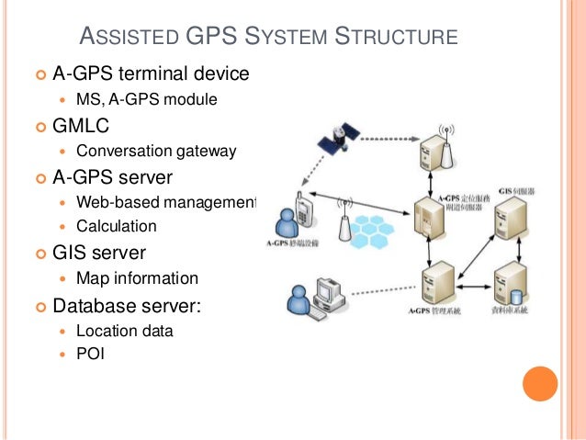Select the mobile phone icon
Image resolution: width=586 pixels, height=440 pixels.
point(300,210)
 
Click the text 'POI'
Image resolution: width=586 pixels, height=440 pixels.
point(90,352)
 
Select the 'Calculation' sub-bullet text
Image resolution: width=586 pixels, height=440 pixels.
point(116,226)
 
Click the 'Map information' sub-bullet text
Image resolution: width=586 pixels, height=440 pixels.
point(137,277)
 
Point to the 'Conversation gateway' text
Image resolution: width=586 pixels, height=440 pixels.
point(156,151)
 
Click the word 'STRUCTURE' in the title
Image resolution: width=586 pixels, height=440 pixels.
point(396,38)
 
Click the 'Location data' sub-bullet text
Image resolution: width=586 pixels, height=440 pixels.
point(124,331)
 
